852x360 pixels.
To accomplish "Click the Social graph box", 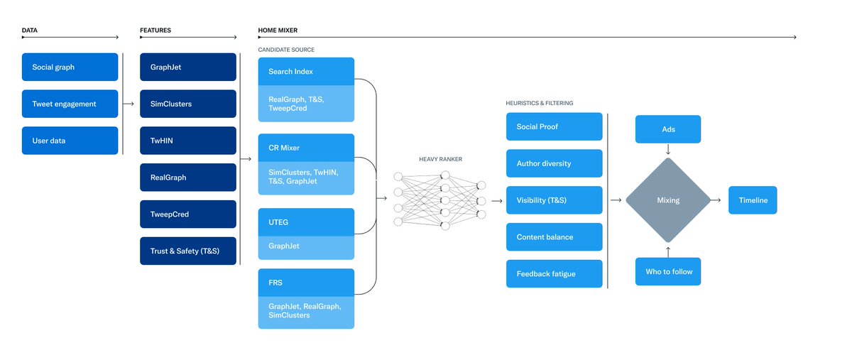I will pos(70,67).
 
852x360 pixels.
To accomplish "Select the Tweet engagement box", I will pos(70,104).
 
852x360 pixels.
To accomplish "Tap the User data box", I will pos(70,141).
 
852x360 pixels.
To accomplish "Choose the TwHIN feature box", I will pos(187,141).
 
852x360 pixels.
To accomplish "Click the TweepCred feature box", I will pos(187,214).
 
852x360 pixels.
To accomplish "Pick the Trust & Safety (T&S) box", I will pos(187,251).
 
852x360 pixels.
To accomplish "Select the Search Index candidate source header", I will pos(306,72).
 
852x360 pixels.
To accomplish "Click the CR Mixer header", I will pos(306,148).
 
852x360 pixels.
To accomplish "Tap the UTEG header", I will pos(306,222).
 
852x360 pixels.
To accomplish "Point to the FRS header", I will pos(306,283).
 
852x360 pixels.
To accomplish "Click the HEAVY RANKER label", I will pos(440,159).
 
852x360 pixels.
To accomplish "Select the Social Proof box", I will pos(554,126).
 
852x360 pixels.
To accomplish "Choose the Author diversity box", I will pos(554,163).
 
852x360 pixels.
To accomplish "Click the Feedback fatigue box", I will pos(554,273).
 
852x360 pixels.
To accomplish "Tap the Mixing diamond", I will pos(668,200).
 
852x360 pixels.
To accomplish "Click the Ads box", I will pos(668,129).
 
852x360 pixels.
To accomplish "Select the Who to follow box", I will pos(668,271).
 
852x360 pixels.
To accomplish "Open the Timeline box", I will pos(753,200).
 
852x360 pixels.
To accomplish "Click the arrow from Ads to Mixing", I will pos(668,150).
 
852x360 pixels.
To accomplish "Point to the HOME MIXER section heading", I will pos(278,31).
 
